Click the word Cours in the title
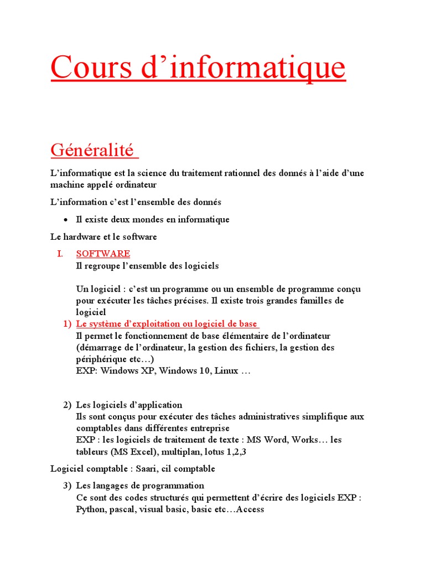(88, 68)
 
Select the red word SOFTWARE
(103, 254)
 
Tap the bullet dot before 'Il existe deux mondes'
(65, 220)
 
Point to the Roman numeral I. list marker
(60, 254)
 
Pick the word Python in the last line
(91, 509)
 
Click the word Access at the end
(250, 509)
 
